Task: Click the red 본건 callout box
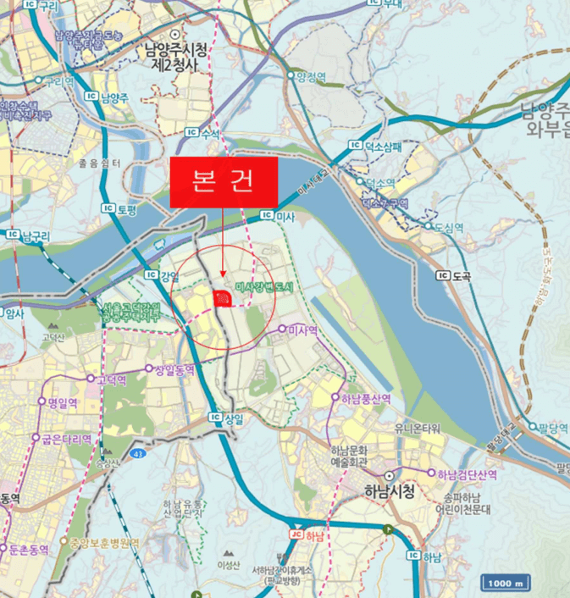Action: tap(224, 182)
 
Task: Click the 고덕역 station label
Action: tap(111, 380)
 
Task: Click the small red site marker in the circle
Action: tap(222, 296)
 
